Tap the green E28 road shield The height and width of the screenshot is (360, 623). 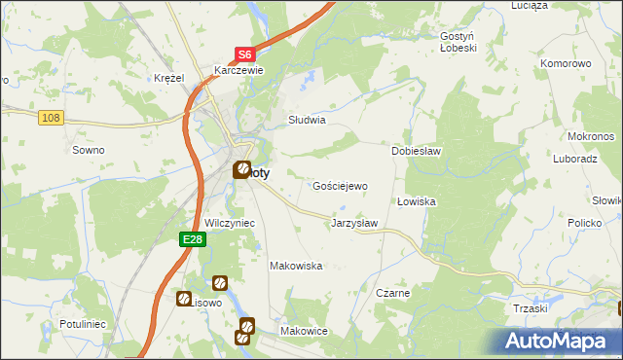pos(193,238)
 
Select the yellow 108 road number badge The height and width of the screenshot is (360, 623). pos(52,118)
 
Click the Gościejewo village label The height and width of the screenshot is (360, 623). pos(340,185)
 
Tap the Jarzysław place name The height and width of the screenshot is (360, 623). pos(354,223)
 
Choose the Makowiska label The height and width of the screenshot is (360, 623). pos(296,266)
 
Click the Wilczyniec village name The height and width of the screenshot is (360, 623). pos(230,223)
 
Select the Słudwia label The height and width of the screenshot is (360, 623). pos(306,121)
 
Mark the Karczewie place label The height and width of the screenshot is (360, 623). pos(239,70)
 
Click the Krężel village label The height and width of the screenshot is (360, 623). pos(169,78)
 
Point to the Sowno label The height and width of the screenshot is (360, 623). pos(89,150)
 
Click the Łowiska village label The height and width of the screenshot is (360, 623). pos(416,201)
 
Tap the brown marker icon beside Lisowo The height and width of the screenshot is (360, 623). pos(183,299)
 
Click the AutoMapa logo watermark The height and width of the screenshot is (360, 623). pos(557,341)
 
